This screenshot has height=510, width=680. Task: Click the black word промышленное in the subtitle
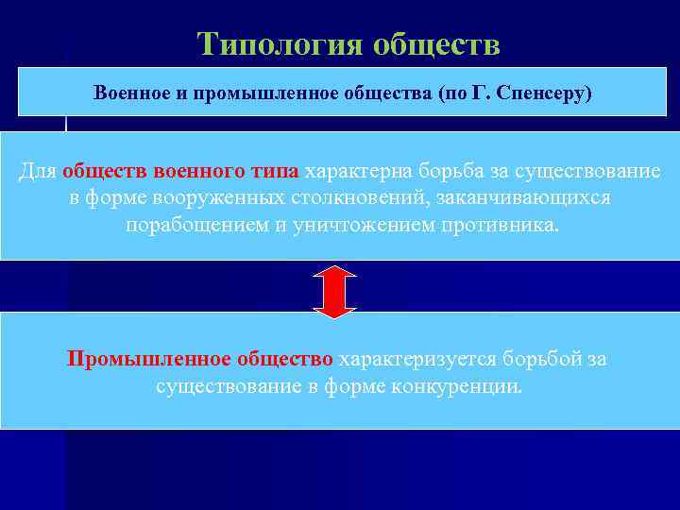click(255, 95)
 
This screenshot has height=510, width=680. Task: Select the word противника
click(497, 227)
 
